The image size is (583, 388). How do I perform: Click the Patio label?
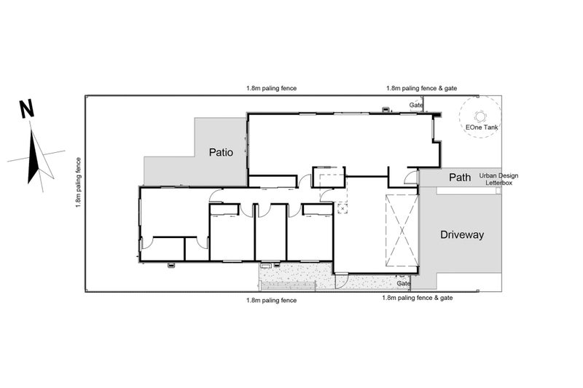pyautogui.click(x=221, y=152)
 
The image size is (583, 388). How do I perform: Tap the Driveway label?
pyautogui.click(x=462, y=234)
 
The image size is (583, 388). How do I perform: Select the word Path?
pyautogui.click(x=460, y=178)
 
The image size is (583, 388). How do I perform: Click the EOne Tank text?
pyautogui.click(x=482, y=127)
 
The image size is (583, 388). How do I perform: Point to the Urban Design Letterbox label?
pyautogui.click(x=498, y=179)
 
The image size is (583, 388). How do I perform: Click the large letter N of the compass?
pyautogui.click(x=27, y=109)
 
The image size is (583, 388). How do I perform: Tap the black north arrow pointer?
pyautogui.click(x=34, y=156)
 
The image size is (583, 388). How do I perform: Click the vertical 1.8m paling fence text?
pyautogui.click(x=79, y=182)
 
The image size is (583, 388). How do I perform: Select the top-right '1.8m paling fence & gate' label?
pyautogui.click(x=422, y=88)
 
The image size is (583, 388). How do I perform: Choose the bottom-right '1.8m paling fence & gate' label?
pyautogui.click(x=418, y=298)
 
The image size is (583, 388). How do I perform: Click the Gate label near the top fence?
pyautogui.click(x=416, y=105)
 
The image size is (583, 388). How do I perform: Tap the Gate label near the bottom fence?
pyautogui.click(x=404, y=283)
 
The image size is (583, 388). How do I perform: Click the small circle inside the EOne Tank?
pyautogui.click(x=480, y=116)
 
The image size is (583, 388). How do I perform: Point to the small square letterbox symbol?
pyautogui.click(x=498, y=191)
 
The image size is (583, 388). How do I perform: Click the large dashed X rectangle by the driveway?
pyautogui.click(x=402, y=231)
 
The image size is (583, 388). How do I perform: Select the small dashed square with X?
pyautogui.click(x=342, y=208)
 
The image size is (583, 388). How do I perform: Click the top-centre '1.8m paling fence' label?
pyautogui.click(x=271, y=88)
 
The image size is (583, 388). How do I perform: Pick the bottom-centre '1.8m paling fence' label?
pyautogui.click(x=271, y=301)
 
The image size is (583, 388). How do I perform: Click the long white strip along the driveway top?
pyautogui.click(x=466, y=191)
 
